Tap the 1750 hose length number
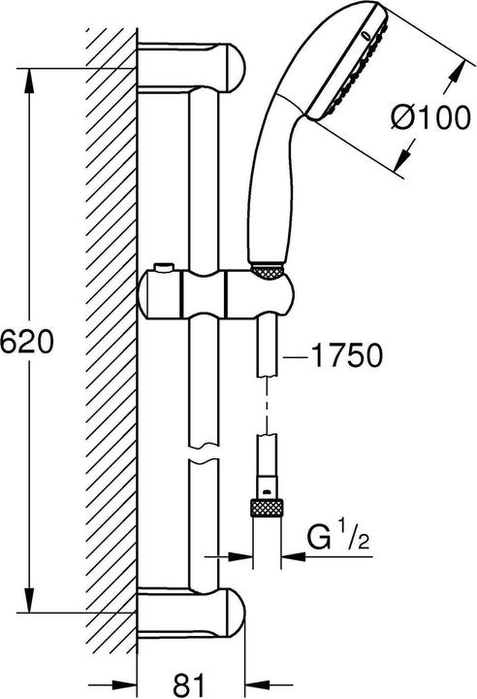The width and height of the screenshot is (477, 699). [x=334, y=356]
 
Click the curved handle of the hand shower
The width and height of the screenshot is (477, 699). [x=274, y=165]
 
